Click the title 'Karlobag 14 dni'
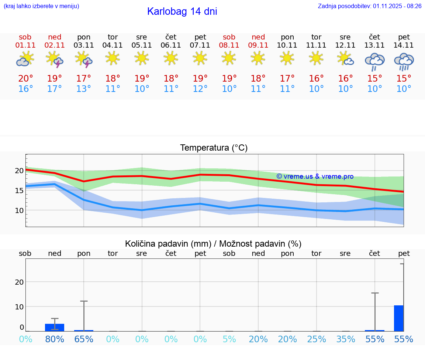coord(182,11)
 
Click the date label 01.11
coord(25,45)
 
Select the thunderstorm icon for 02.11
coord(55,59)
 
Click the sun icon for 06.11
coord(171,58)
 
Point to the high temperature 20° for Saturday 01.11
coord(25,79)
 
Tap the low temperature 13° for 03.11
coord(84,89)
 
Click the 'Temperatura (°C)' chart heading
coord(214,148)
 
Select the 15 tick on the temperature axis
coord(19,191)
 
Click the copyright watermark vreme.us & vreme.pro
coord(315,176)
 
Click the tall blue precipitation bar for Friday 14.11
coord(398,318)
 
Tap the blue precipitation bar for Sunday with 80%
coord(55,327)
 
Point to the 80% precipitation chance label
coord(55,339)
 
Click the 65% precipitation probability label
coord(84,339)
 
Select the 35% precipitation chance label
coord(346,339)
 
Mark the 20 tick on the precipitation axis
coord(19,282)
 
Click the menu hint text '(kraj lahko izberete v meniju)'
coord(41,6)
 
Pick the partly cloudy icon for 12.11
coord(346,58)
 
